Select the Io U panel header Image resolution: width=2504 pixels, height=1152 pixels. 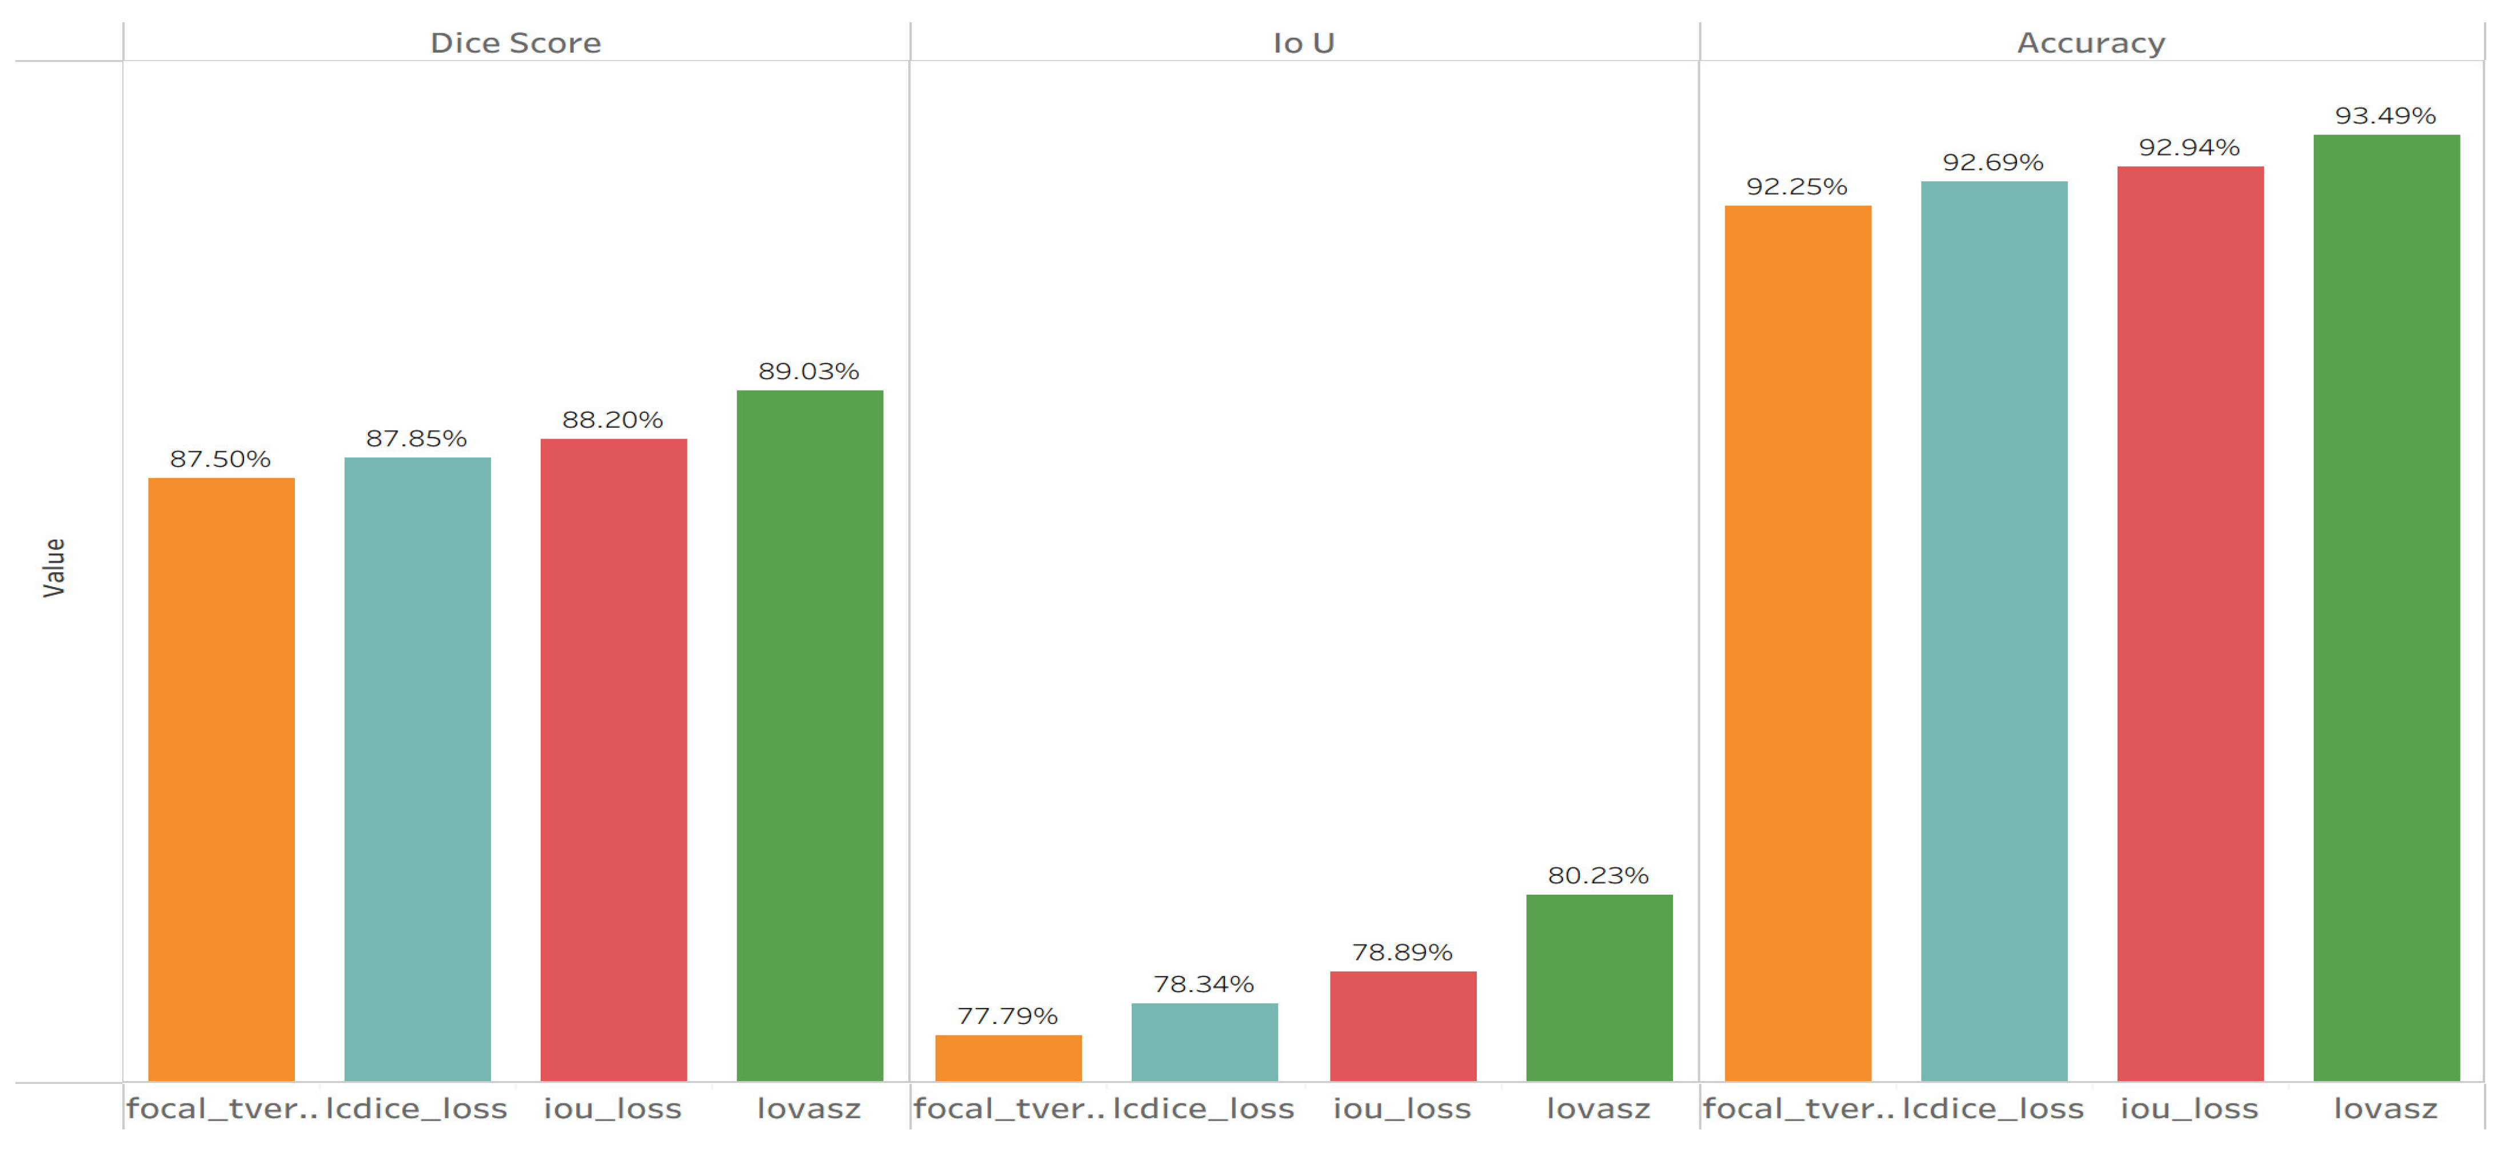(1304, 43)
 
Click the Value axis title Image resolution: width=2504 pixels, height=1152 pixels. (54, 568)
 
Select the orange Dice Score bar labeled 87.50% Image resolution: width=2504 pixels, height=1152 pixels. (222, 779)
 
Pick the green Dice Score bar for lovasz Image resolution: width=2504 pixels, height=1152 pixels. (810, 735)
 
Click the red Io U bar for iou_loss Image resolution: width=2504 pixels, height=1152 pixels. (1403, 1026)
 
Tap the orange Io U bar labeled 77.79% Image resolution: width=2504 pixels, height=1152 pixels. (1008, 1058)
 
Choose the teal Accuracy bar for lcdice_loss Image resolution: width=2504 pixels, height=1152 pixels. (1994, 631)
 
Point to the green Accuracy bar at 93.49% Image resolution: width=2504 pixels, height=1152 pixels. (2386, 608)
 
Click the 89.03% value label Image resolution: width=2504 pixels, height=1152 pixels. (809, 372)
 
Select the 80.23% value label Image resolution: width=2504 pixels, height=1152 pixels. (1598, 876)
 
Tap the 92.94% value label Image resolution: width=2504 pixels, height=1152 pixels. (2189, 148)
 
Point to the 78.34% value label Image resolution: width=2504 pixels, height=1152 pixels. (1203, 985)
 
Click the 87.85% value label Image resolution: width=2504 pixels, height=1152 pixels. (416, 439)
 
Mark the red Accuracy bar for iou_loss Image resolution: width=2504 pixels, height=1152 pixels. (2190, 623)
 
